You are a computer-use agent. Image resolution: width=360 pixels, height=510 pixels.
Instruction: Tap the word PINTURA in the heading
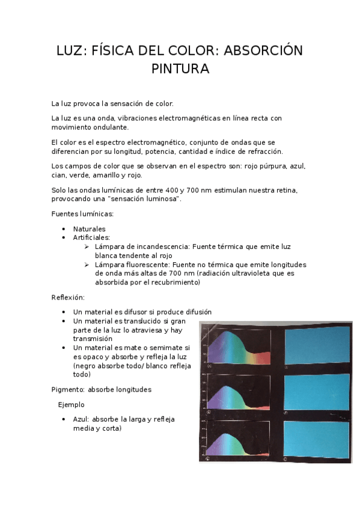[180, 69]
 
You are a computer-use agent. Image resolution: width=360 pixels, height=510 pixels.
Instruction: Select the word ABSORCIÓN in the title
[263, 51]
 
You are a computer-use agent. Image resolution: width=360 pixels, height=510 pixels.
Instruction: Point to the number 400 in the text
[172, 190]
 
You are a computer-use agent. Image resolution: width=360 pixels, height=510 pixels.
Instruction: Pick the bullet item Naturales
[89, 229]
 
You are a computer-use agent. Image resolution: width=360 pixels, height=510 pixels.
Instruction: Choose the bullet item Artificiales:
[91, 238]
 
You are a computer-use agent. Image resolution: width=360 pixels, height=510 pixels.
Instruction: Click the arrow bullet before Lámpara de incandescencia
[87, 247]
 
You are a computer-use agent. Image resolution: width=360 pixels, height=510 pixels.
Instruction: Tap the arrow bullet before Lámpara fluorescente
[87, 265]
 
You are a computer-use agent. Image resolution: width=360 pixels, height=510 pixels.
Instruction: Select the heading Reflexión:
[68, 297]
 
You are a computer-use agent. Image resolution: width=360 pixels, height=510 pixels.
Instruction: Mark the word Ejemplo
[71, 405]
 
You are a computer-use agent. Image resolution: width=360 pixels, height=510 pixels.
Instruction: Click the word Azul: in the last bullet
[83, 419]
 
